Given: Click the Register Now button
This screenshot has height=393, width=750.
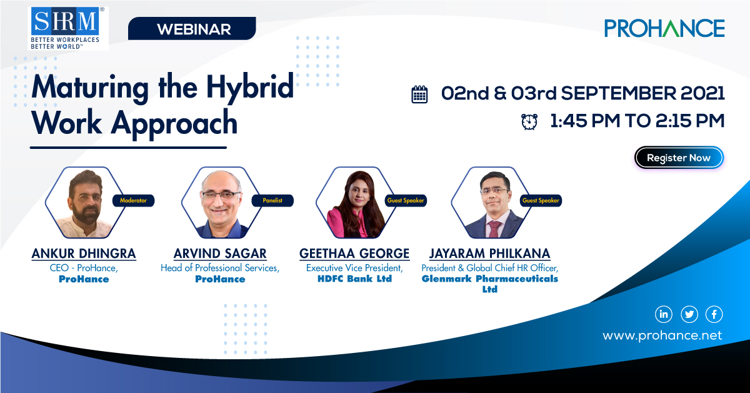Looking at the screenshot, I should tap(679, 158).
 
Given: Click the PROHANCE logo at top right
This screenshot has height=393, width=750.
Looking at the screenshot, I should tap(664, 28).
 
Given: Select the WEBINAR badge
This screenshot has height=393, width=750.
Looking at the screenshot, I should tap(194, 29).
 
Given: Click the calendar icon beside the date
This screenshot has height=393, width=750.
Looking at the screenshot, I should tap(419, 94).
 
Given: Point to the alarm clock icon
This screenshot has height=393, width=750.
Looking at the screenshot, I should tap(529, 121).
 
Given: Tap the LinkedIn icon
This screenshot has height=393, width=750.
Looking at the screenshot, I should tap(663, 314).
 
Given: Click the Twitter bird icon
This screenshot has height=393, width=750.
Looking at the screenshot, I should tap(689, 314).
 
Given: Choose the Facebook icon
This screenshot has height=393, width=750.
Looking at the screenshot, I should tap(714, 314).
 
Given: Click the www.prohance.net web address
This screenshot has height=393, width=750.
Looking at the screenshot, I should tap(662, 336).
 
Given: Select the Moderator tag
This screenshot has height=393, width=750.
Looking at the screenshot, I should tap(133, 201).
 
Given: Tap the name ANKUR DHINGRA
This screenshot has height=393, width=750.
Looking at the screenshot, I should tap(84, 254).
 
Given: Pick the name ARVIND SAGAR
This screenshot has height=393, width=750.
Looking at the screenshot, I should tap(220, 254).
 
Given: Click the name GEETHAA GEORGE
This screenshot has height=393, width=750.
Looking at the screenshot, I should tap(354, 254).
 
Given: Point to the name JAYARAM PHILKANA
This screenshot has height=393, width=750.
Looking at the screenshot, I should tap(489, 254).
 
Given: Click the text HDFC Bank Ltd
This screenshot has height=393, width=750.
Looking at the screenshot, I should tap(354, 278).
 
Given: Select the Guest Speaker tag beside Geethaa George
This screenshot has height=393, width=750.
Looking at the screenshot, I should tap(406, 201).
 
